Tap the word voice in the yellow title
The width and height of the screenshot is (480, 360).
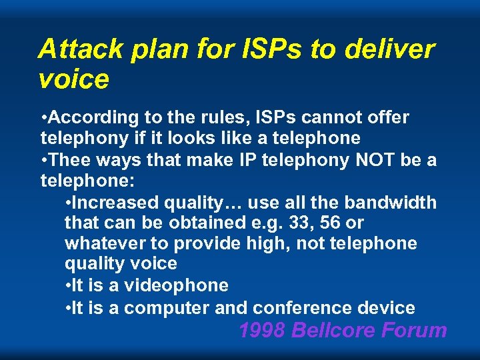(73, 79)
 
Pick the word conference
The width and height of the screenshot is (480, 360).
(301, 307)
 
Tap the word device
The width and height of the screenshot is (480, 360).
(386, 307)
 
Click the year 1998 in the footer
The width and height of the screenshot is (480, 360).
(262, 330)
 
